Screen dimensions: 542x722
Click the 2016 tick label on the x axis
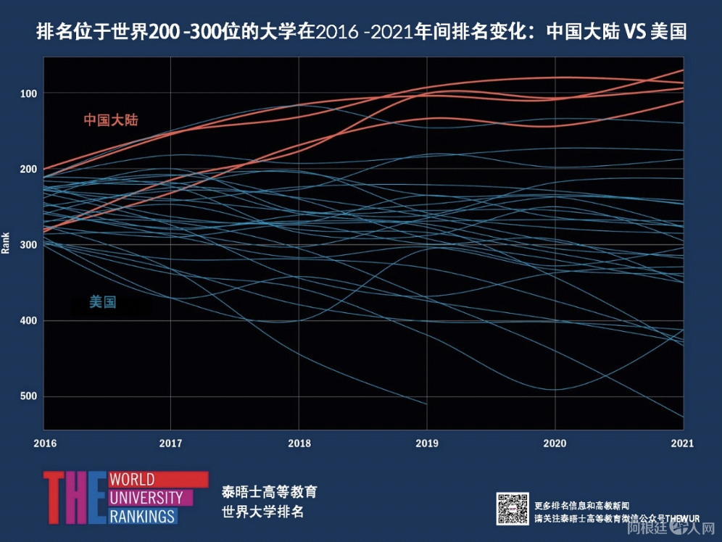43,443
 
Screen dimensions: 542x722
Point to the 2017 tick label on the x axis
170,443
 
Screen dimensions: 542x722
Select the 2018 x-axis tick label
299,443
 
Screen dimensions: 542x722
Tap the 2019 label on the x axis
427,443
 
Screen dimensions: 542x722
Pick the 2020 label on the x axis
555,443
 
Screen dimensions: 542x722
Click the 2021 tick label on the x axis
682,443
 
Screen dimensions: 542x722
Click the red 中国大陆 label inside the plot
110,120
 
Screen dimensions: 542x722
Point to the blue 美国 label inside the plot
103,301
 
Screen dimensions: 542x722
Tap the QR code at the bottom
513,509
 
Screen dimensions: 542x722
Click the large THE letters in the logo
75,498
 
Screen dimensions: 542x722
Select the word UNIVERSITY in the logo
145,498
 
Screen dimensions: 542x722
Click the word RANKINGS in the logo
142,516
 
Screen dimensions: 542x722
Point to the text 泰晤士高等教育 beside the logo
269,492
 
